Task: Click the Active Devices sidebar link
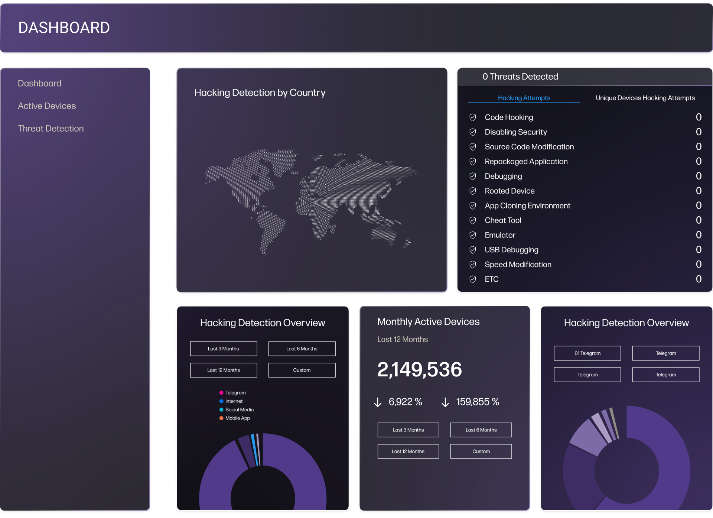pos(47,106)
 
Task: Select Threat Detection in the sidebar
pos(51,129)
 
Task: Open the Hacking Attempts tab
pos(524,98)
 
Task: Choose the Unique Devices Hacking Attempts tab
pos(645,98)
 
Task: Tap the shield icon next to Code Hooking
pos(473,117)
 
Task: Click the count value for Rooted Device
pos(699,191)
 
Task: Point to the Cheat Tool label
pos(503,220)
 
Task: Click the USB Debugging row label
pos(511,250)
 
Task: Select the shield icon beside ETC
pos(473,279)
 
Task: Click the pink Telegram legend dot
pos(221,393)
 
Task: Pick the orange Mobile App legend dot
pos(221,418)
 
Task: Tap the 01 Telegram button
pos(587,353)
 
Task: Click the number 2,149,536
pos(419,369)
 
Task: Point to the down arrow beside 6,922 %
pos(378,402)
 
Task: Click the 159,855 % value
pos(478,402)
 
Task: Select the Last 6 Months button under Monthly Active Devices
pos(481,430)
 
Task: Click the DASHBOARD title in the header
pos(64,28)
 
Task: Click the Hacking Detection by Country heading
pos(260,93)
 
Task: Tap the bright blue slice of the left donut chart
pos(254,450)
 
